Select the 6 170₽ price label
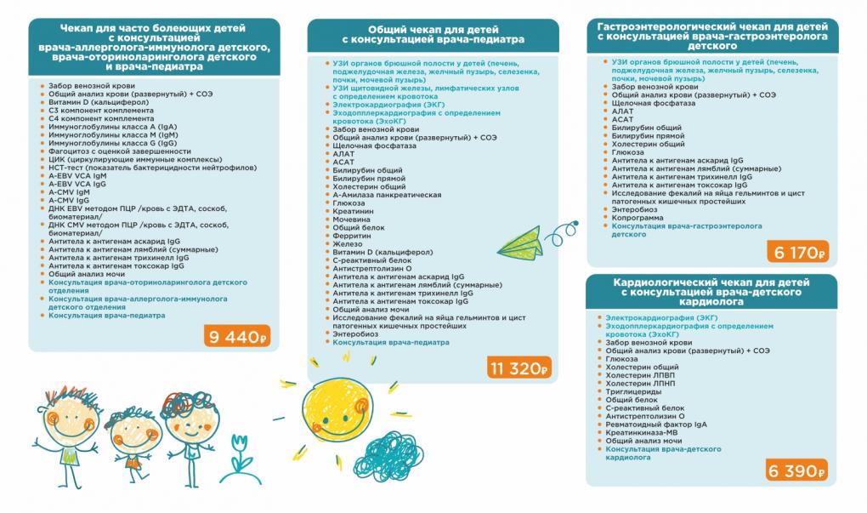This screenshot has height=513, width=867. click(x=796, y=252)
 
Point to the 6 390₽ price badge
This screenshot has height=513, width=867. click(x=796, y=471)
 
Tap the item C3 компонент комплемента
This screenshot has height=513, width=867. click(x=88, y=110)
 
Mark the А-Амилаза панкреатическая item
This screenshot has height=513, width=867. click(x=386, y=195)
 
